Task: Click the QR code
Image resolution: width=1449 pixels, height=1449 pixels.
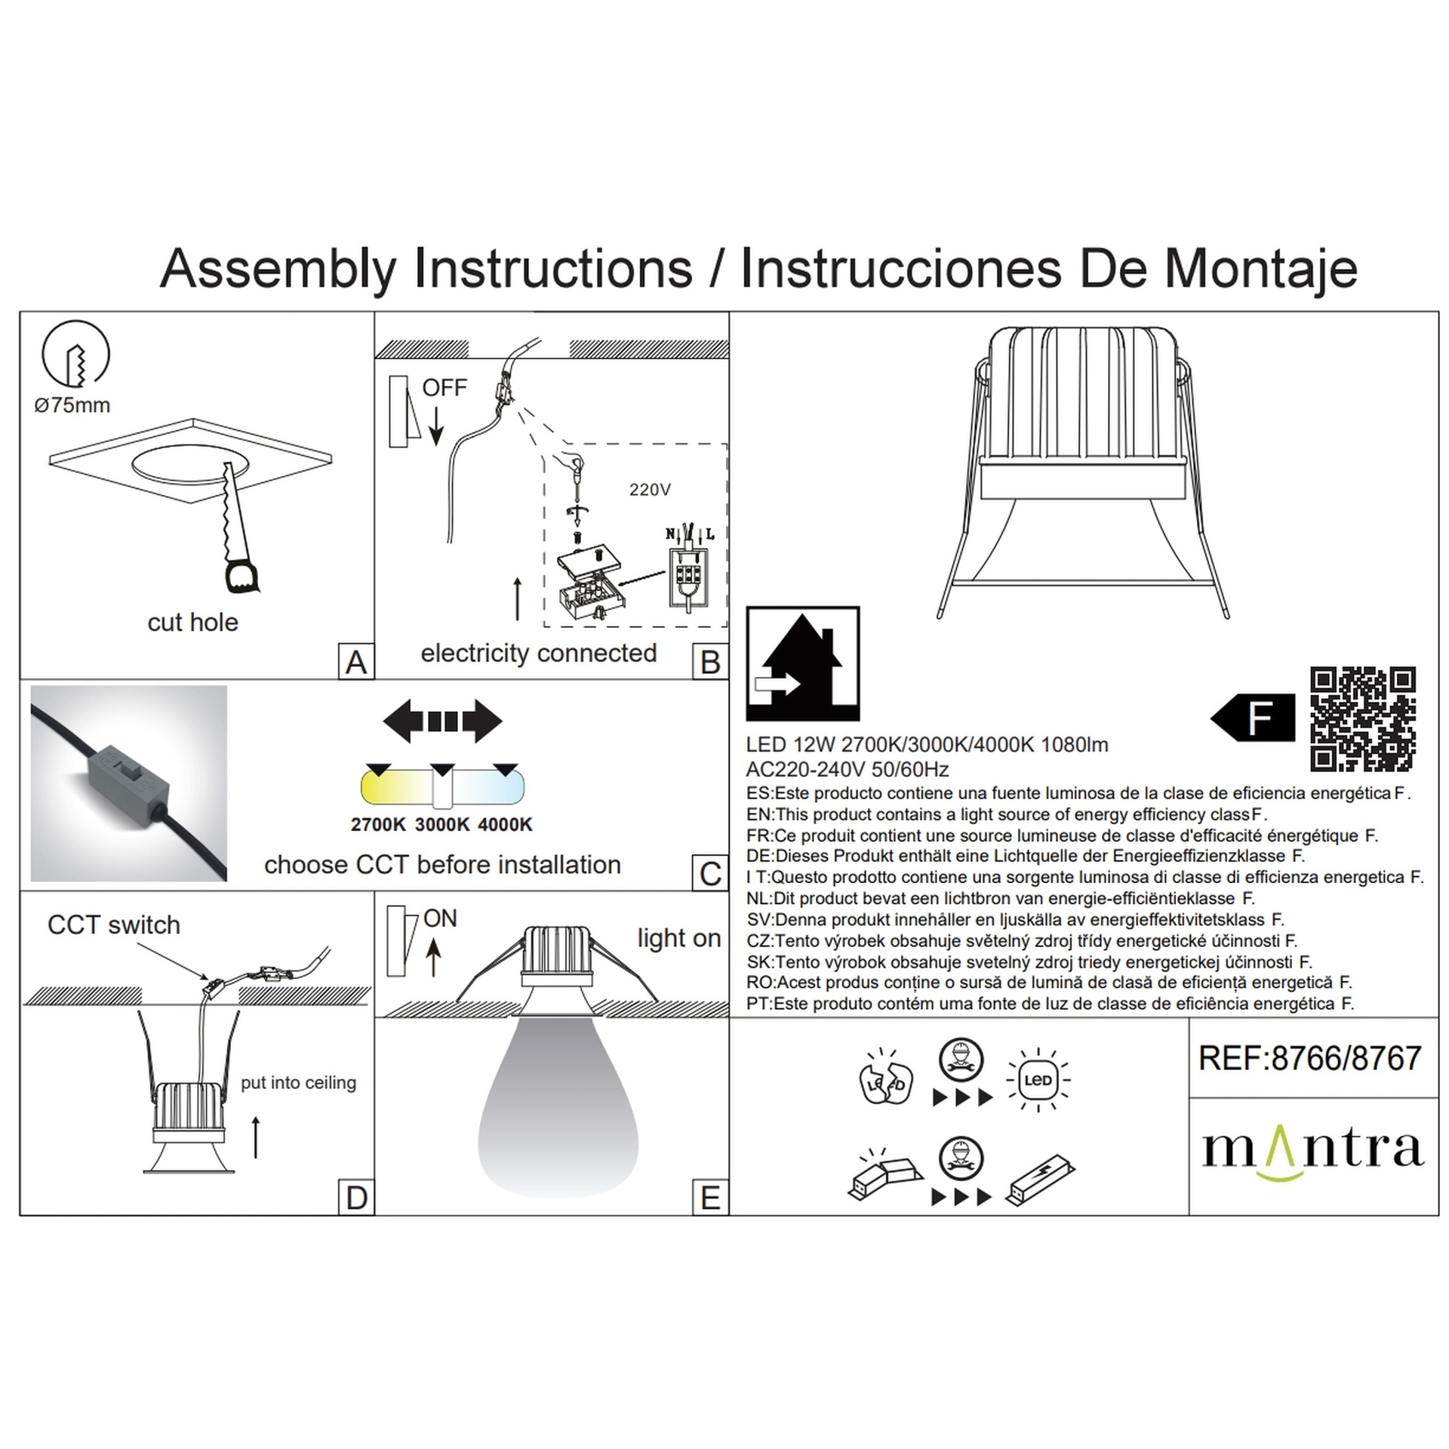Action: pos(1362,718)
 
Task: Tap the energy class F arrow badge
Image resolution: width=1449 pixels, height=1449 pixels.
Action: pos(1253,718)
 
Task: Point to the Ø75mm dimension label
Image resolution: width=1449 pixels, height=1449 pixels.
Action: pos(72,405)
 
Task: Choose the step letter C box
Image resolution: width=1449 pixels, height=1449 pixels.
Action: pos(710,873)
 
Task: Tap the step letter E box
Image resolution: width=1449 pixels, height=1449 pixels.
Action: pos(710,1198)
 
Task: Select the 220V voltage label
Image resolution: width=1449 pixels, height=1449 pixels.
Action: pos(650,490)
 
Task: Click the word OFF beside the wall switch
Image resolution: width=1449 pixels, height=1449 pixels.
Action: pos(444,388)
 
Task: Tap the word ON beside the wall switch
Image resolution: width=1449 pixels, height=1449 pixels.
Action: pos(441,918)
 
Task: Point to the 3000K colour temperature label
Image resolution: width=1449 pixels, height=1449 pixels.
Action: pos(442,825)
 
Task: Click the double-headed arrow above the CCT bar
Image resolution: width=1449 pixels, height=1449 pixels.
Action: pos(442,721)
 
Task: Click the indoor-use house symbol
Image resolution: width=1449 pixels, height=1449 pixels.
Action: pos(803,663)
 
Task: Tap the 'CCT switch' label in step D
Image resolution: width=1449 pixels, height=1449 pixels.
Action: pos(114,925)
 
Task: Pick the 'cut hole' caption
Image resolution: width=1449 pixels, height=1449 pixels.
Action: pos(192,623)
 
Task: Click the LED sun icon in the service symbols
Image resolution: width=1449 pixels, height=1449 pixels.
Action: pos(1038,1080)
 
